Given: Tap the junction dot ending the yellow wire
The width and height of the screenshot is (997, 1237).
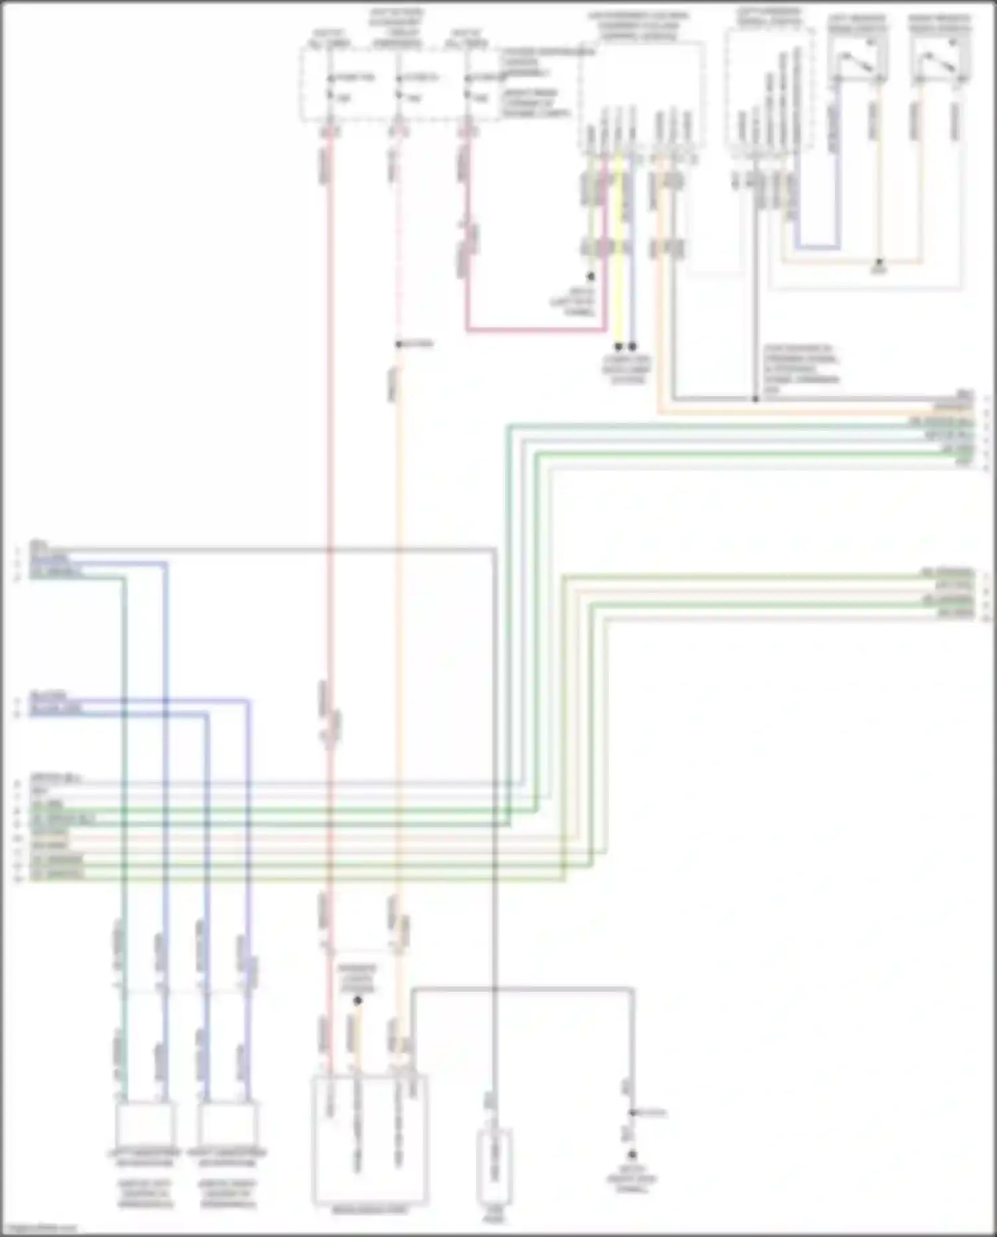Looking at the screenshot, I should click(x=619, y=346).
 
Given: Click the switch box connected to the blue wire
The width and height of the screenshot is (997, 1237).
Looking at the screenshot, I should click(x=857, y=60).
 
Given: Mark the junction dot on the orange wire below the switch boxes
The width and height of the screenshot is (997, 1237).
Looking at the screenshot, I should click(x=879, y=263).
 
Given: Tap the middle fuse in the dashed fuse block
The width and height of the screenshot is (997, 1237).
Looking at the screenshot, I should click(x=397, y=86).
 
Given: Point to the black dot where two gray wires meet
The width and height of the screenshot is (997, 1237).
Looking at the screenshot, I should click(x=755, y=399).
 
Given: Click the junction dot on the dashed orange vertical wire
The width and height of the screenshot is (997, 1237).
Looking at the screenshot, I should click(x=398, y=344).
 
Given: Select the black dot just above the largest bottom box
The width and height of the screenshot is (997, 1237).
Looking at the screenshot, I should click(x=358, y=1000).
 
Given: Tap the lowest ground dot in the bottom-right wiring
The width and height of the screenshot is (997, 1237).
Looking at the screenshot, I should click(x=632, y=1155).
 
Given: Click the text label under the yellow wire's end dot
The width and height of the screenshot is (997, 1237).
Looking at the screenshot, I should click(x=626, y=370).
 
